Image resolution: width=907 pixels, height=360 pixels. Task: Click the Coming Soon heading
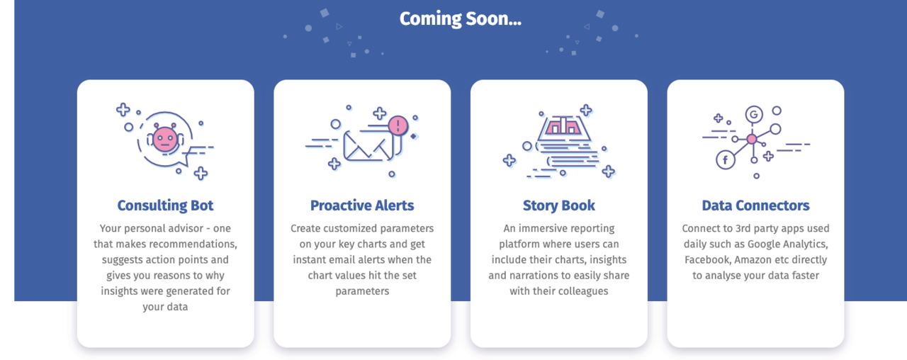pyautogui.click(x=461, y=18)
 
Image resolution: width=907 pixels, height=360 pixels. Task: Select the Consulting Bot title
pyautogui.click(x=165, y=206)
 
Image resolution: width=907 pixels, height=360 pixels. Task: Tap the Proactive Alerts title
pyautogui.click(x=362, y=206)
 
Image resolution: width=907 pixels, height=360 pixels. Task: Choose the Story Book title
pyautogui.click(x=559, y=206)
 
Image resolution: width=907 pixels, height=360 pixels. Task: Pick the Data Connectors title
pyautogui.click(x=755, y=206)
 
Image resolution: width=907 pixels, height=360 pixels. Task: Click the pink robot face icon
pyautogui.click(x=165, y=139)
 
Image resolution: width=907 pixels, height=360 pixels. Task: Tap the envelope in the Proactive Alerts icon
pyautogui.click(x=368, y=146)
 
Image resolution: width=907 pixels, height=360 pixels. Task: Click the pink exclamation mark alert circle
pyautogui.click(x=398, y=125)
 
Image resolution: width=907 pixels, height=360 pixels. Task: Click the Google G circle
pyautogui.click(x=754, y=115)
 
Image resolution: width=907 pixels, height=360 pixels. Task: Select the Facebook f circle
pyautogui.click(x=725, y=160)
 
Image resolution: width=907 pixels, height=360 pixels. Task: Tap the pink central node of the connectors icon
pyautogui.click(x=752, y=140)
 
